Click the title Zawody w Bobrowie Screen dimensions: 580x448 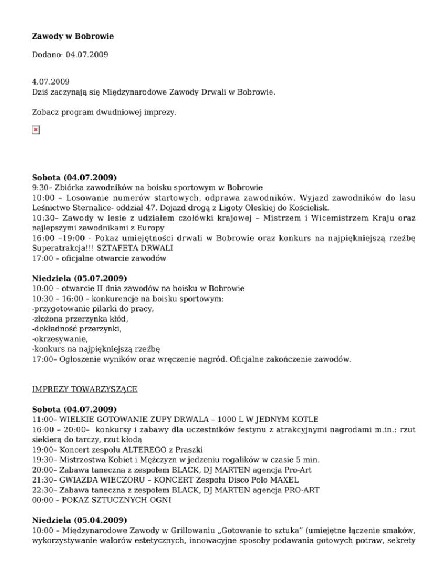[x=72, y=36]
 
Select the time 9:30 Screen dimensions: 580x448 [x=41, y=188]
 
